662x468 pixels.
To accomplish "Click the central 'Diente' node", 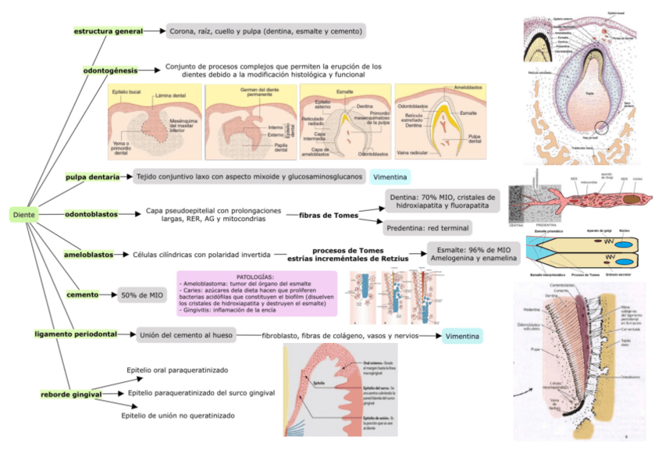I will [x=23, y=214].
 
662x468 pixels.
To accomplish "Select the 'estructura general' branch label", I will [x=108, y=31].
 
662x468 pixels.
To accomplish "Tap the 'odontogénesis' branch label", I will [x=110, y=70].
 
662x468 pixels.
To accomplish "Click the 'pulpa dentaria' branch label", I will [x=92, y=177].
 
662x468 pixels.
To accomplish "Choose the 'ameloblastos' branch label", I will [x=88, y=255].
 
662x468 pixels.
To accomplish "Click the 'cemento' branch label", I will [x=81, y=295].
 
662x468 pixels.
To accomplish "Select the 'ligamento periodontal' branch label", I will [x=76, y=334].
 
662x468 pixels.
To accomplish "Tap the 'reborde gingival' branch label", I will [x=72, y=395].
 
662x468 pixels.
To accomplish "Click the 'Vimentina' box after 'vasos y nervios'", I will [x=462, y=335].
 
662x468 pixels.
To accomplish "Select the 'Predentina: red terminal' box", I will [x=428, y=228].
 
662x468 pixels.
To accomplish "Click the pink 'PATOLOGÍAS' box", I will [x=256, y=294].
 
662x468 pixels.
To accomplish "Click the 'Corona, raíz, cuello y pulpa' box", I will [x=265, y=31].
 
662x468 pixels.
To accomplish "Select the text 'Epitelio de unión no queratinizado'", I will [x=178, y=416].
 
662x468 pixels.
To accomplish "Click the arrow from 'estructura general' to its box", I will [x=154, y=31].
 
